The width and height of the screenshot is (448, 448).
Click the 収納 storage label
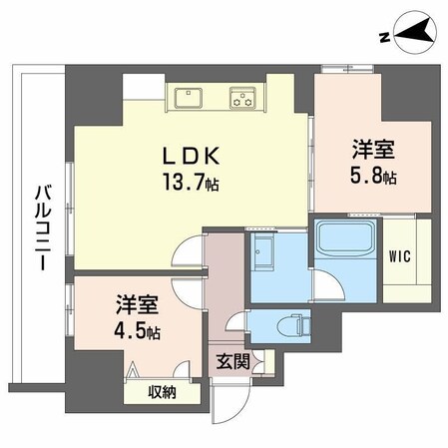tap(162, 392)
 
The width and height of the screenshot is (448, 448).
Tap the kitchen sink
tap(188, 98)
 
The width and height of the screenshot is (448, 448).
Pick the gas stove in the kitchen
tap(242, 98)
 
